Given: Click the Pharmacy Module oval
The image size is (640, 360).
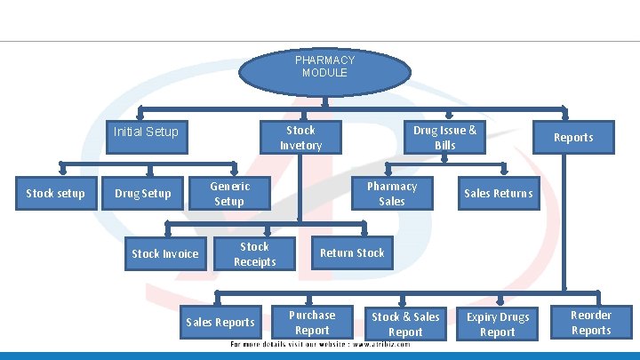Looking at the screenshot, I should click(324, 67).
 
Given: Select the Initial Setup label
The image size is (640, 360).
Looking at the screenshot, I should click(146, 132).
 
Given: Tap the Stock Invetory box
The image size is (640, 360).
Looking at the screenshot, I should click(300, 138).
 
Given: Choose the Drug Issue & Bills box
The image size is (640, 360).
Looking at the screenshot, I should click(444, 138).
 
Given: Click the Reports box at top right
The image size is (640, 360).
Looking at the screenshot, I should click(572, 138).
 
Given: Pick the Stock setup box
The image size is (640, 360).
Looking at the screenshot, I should click(55, 193).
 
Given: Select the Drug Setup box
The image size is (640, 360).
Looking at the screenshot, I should click(143, 194).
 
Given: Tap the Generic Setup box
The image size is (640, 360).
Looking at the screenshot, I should click(229, 194).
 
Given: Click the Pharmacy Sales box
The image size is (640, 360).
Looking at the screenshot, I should click(391, 194).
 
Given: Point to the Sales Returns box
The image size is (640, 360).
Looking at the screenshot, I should click(498, 194).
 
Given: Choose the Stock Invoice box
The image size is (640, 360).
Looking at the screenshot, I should click(165, 254).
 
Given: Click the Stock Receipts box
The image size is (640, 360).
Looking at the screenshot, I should click(254, 254).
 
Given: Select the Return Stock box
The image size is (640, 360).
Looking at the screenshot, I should click(352, 253).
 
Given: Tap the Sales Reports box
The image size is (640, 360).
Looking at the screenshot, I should click(220, 323).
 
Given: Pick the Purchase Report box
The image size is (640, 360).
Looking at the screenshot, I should click(312, 323).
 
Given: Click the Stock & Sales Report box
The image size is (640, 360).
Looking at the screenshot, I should click(405, 324).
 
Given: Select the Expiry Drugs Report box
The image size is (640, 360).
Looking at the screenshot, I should click(497, 324).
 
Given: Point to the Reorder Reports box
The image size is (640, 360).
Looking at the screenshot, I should click(591, 323).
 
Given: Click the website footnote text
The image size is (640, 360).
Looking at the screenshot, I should click(320, 344).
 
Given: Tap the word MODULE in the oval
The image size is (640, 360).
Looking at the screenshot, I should click(324, 73).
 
